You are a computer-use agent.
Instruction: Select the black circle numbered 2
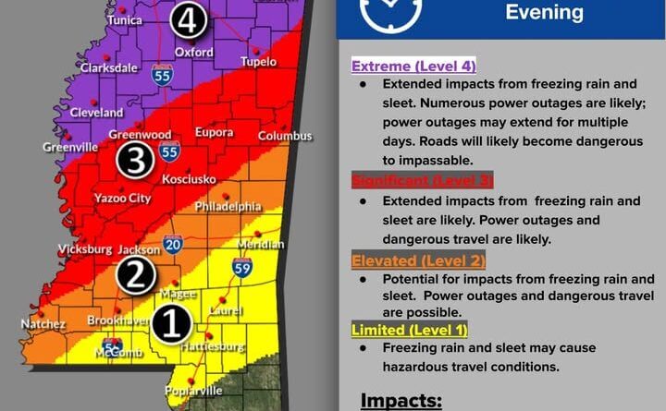coord(135,275)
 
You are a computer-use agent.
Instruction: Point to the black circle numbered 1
coord(171,323)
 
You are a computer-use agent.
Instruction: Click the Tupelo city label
coord(257,62)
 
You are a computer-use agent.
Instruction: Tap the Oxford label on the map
coord(194,52)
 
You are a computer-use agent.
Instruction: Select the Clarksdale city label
coord(110,68)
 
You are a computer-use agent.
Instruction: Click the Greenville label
coord(69,146)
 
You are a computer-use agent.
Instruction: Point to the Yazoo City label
coord(122,198)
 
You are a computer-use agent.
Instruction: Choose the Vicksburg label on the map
coord(84,249)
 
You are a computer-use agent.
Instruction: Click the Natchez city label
coord(43,324)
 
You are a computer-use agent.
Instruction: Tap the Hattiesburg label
coord(214,347)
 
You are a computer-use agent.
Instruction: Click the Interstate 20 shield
coord(173,245)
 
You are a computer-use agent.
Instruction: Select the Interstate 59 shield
coord(241,269)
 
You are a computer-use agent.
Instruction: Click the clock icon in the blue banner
coord(391,12)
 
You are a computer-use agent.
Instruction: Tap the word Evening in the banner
coord(544,12)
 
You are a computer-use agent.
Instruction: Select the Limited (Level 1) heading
coord(410,329)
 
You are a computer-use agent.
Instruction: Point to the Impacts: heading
coord(401,401)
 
